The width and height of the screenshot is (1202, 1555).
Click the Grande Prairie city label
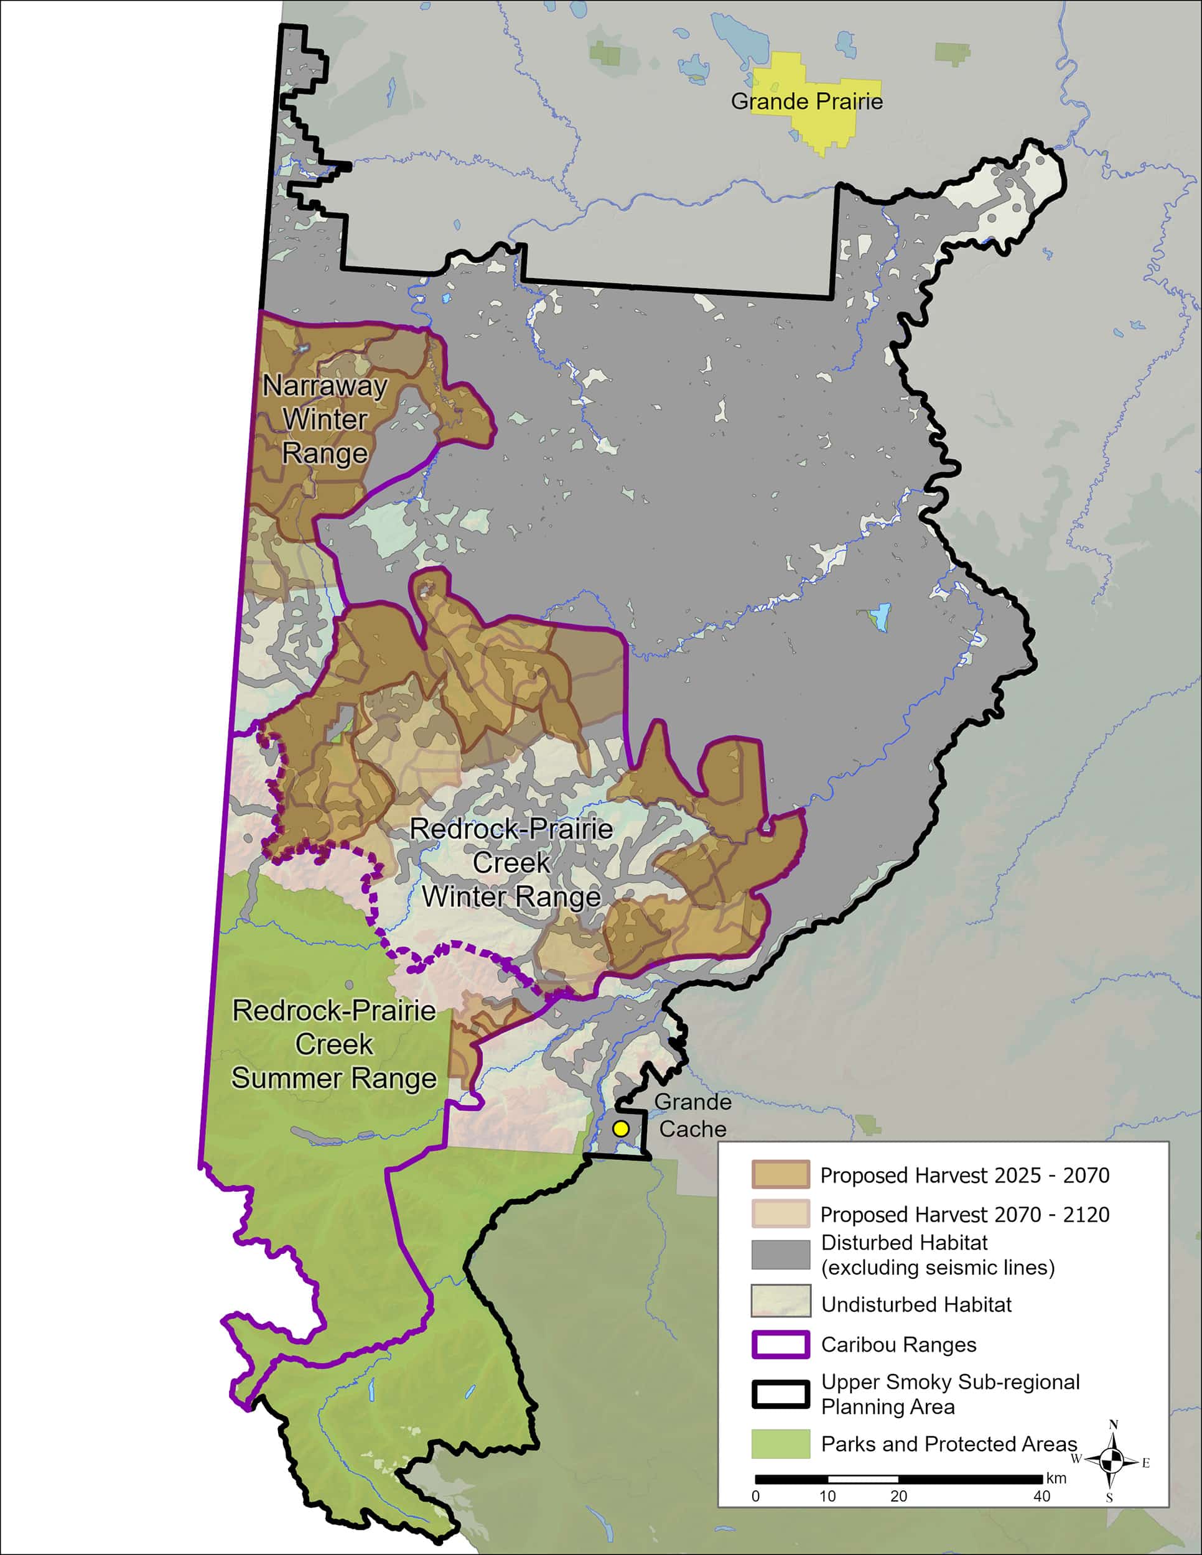tap(806, 101)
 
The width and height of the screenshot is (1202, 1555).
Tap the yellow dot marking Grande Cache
tap(621, 1128)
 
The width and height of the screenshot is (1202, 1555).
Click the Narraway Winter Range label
tap(325, 419)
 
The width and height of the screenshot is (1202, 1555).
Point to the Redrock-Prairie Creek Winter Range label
tap(511, 862)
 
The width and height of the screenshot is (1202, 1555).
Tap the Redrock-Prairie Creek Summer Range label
tap(333, 1044)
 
